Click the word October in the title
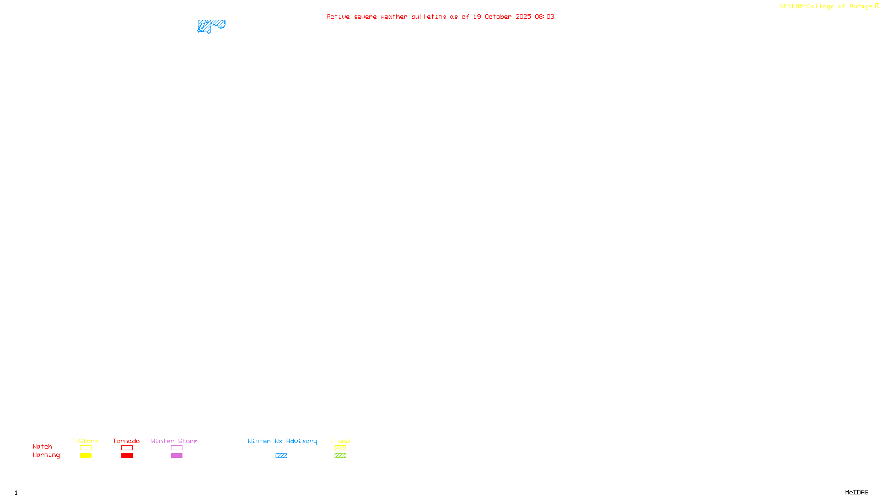(x=498, y=17)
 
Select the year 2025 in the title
(x=523, y=17)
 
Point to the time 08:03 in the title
(x=545, y=17)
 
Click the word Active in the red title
(x=337, y=17)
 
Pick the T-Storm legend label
(x=85, y=441)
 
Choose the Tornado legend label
(x=126, y=441)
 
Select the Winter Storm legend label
(x=174, y=441)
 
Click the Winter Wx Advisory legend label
(x=282, y=441)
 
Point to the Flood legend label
(x=340, y=441)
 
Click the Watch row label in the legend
(x=42, y=446)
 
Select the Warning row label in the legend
(x=46, y=455)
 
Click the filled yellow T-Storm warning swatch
(x=85, y=456)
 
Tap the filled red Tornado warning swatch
(x=127, y=456)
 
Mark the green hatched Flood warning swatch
(x=340, y=456)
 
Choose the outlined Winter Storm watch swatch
(x=176, y=448)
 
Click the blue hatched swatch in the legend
(x=281, y=456)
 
